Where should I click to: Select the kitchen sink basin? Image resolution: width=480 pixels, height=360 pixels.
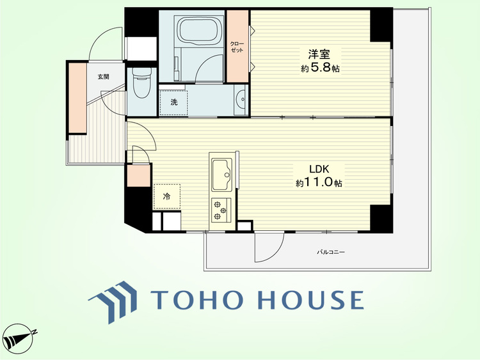(x=222, y=175)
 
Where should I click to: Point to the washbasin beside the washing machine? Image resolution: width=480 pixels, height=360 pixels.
(x=241, y=100)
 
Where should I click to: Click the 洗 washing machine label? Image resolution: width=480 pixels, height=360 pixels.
(x=174, y=102)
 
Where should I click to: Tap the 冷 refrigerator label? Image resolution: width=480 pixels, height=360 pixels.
(x=166, y=197)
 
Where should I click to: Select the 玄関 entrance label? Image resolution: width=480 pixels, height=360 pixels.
(x=103, y=77)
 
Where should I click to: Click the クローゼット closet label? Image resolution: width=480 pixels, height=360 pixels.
(x=237, y=47)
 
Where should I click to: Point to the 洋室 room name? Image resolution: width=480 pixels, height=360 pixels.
(x=319, y=54)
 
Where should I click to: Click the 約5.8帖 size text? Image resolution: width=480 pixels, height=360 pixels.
(x=320, y=68)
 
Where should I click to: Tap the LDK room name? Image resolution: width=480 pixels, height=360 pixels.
(x=319, y=169)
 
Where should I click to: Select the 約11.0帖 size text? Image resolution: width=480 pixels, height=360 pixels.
(x=319, y=183)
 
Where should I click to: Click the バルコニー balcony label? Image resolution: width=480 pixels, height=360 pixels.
(x=331, y=253)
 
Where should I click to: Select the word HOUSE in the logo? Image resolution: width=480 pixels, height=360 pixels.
(x=310, y=299)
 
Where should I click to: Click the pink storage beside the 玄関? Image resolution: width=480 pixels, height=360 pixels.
(x=77, y=98)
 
